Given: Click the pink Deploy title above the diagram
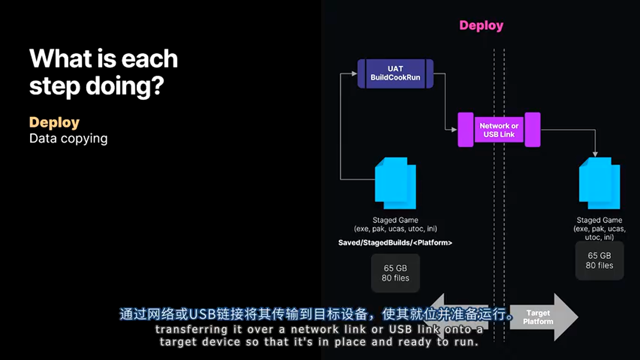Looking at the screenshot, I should click(481, 25).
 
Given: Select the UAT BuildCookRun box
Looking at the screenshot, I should click(395, 73).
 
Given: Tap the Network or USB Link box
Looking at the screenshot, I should click(499, 130).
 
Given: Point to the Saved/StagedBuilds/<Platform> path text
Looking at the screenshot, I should click(395, 243).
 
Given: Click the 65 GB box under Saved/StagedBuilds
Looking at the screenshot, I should click(395, 273).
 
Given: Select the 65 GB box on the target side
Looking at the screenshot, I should click(599, 260).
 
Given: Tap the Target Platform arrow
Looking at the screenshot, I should click(542, 317).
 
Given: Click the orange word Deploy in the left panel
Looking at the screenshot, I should click(54, 122).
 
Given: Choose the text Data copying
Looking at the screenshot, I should click(68, 138).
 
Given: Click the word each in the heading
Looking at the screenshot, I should click(150, 58).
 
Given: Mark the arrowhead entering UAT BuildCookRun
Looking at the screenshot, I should click(355, 73).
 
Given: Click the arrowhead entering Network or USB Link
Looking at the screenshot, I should click(455, 130).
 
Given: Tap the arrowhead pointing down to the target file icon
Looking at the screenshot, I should click(595, 153).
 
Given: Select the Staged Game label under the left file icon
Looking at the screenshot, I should click(395, 220).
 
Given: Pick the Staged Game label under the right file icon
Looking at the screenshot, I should click(599, 220).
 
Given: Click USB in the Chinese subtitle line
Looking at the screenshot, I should click(203, 314).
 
